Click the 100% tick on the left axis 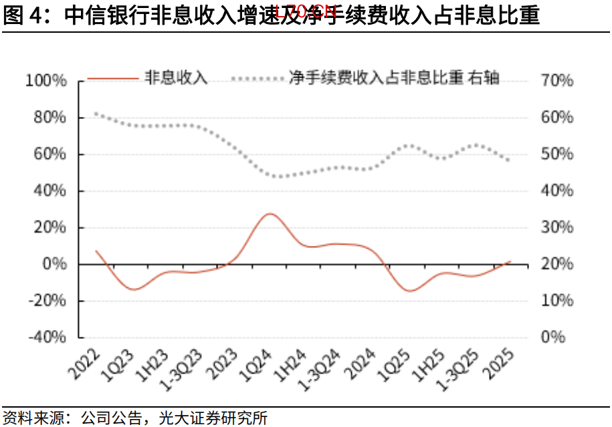pos(46,81)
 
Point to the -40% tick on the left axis pos(46,337)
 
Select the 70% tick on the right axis pos(556,81)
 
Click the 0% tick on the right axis pos(552,337)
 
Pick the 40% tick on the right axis pos(556,191)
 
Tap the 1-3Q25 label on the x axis pos(456,370)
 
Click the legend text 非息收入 pos(177,78)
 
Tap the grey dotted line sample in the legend pos(258,78)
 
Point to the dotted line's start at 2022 pos(96,114)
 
